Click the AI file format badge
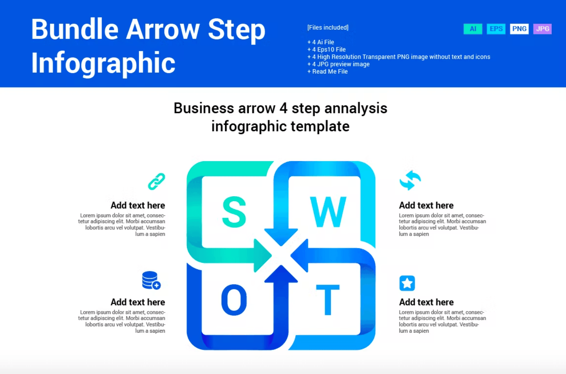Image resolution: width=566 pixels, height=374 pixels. (x=473, y=29)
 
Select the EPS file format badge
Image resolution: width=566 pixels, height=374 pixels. (x=496, y=29)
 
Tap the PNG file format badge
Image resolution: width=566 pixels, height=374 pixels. (x=519, y=29)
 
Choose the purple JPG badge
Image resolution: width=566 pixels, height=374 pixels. (x=542, y=29)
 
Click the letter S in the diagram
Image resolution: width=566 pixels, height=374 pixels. (x=234, y=212)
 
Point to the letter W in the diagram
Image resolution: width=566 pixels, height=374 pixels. (x=328, y=212)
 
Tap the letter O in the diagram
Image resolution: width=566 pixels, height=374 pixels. (x=234, y=300)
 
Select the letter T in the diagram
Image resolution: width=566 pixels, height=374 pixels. (x=328, y=300)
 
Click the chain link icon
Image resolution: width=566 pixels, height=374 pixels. (x=156, y=181)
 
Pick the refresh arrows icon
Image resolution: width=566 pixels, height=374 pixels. (x=410, y=180)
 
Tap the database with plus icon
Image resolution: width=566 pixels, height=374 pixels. (x=151, y=280)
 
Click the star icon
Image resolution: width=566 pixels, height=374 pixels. (x=407, y=283)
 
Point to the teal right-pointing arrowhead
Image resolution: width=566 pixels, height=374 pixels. (x=262, y=255)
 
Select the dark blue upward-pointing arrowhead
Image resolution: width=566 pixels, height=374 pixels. (x=281, y=274)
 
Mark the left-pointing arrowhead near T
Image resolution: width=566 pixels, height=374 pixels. (x=300, y=255)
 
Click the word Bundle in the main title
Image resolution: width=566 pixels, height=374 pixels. (x=75, y=29)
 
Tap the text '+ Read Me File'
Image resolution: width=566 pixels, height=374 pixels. (x=327, y=72)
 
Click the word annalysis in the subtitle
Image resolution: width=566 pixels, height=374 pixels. (x=356, y=109)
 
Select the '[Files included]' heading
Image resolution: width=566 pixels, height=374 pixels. (x=328, y=27)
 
